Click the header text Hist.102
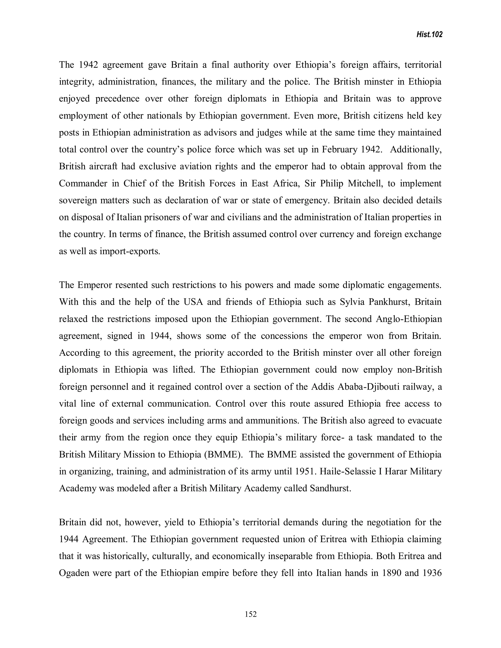click(x=430, y=35)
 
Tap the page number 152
click(x=250, y=614)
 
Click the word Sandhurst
click(x=330, y=488)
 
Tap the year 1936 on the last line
click(x=432, y=573)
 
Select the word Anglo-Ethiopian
click(x=409, y=319)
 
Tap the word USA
click(x=193, y=302)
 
